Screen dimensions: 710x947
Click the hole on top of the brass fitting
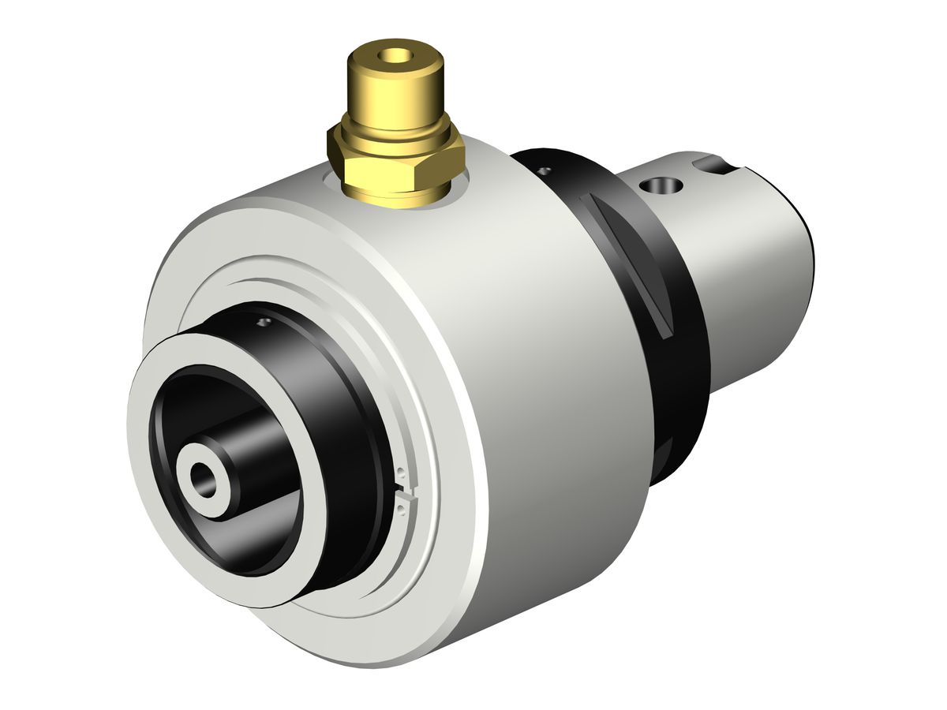(394, 56)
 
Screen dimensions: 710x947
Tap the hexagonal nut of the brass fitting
(395, 157)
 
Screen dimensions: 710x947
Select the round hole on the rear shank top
(661, 186)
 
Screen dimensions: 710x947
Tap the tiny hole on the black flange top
(543, 170)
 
